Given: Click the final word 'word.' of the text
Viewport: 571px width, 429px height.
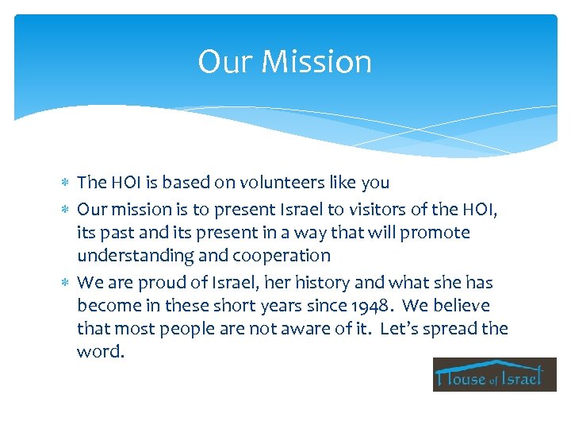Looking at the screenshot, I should pos(101,352).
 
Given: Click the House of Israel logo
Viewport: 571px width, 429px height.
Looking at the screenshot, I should pos(495,374).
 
